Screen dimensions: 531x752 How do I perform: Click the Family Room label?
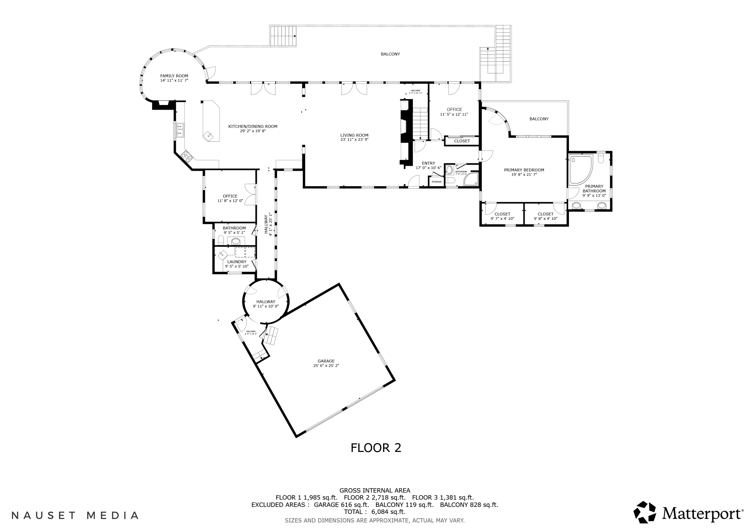(174, 76)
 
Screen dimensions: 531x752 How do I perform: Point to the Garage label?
(326, 361)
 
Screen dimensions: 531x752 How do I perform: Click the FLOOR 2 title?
(376, 448)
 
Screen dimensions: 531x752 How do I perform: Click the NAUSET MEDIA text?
(75, 516)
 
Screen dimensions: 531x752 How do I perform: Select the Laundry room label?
(236, 262)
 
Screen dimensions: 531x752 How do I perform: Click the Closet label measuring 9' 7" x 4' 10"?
(502, 214)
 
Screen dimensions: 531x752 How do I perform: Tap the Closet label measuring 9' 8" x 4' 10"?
(545, 214)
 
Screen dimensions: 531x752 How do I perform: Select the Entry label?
(428, 163)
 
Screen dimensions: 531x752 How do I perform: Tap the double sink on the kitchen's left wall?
(179, 130)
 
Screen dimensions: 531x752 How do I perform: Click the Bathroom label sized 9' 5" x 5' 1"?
(234, 228)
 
